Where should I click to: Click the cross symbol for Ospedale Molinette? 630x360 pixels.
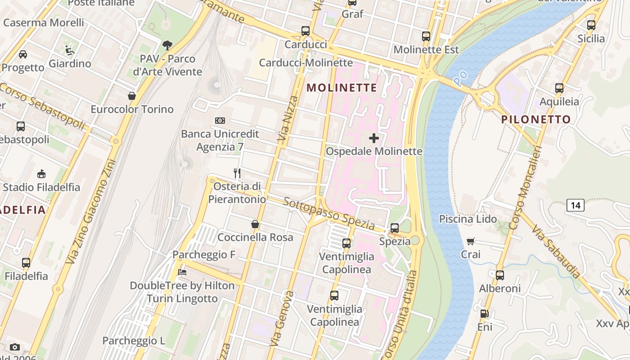374,138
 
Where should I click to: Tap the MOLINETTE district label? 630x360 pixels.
342,88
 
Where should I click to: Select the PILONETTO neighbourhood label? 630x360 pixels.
536,120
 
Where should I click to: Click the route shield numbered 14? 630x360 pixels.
576,206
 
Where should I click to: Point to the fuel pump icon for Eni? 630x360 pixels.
485,314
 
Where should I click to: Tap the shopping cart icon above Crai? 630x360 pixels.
471,241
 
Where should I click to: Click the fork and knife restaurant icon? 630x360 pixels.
237,173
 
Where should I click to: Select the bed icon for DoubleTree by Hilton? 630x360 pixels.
182,272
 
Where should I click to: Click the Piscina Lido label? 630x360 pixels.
468,219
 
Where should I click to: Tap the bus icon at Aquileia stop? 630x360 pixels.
559,88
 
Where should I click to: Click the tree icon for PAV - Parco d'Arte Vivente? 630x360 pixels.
167,45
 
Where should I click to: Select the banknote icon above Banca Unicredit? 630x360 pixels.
220,121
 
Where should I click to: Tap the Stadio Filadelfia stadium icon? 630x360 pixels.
41,174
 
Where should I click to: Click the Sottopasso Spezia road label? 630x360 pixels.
328,213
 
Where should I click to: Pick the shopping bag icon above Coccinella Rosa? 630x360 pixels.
255,224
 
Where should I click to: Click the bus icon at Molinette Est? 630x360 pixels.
426,36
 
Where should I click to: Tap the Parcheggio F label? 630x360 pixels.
204,255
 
